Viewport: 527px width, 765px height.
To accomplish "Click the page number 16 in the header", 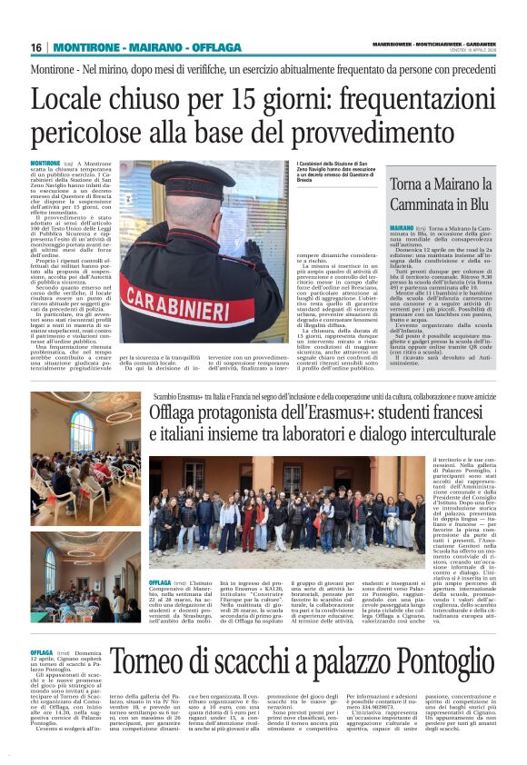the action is [x=36, y=47].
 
